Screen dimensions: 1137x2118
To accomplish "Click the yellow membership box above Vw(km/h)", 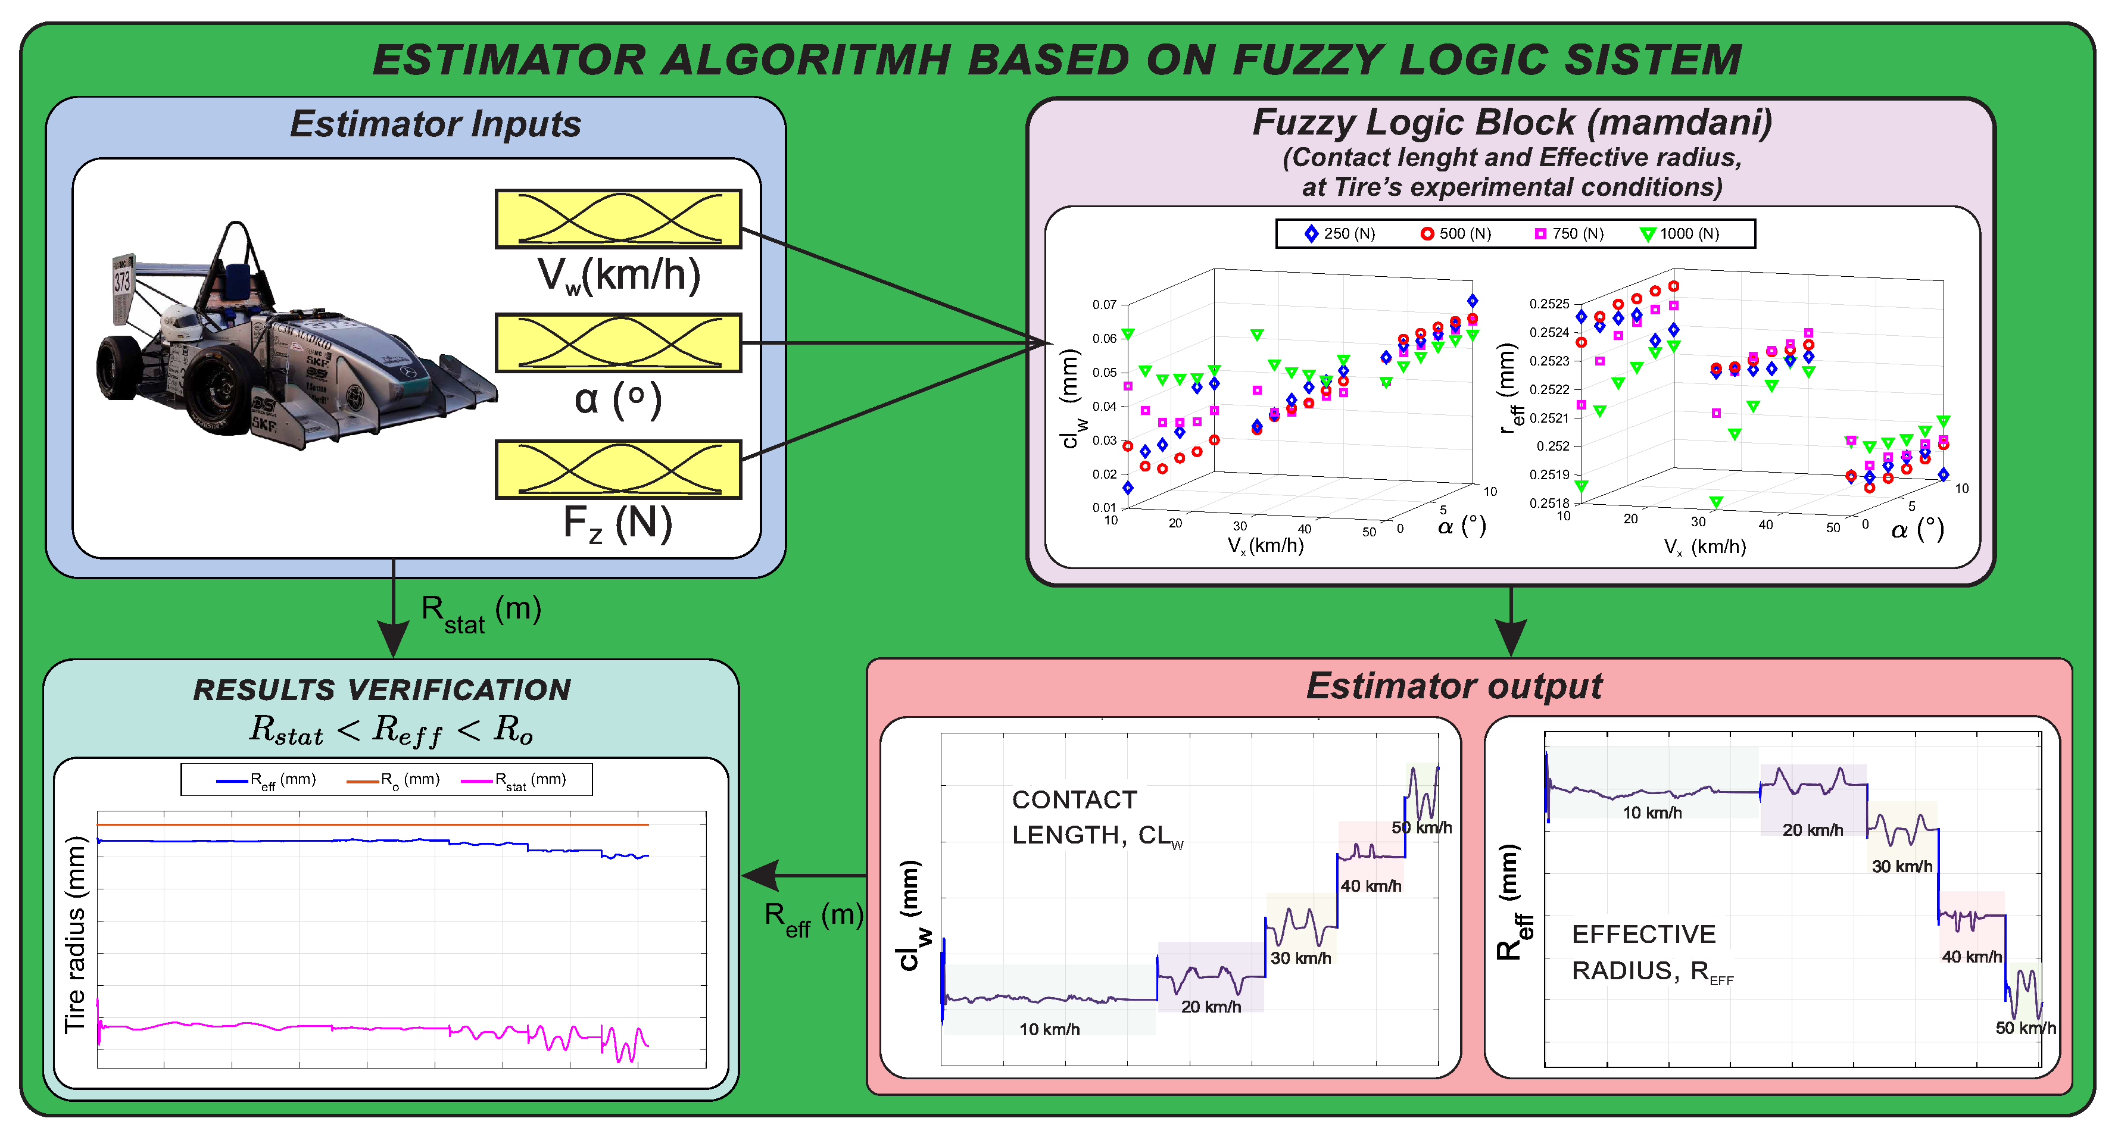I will tap(618, 218).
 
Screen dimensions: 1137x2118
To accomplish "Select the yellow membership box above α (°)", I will tap(618, 343).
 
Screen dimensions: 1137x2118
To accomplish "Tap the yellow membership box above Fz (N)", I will tap(618, 470).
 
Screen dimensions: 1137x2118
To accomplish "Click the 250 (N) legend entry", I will tap(1340, 233).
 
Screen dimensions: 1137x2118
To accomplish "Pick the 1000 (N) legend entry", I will tap(1679, 233).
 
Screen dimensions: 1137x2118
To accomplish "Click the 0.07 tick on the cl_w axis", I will tap(1104, 305).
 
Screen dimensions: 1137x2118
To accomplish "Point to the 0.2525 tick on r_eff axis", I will tap(1549, 304).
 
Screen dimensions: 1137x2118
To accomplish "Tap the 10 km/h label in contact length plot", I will tap(1049, 1029).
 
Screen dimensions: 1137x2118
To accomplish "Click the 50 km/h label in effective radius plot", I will tap(2025, 1027).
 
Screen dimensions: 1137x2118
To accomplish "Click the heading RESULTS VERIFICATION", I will tap(382, 690).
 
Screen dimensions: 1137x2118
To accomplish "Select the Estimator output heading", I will tap(1453, 686).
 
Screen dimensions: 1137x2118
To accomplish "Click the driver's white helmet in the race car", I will tap(179, 321).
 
